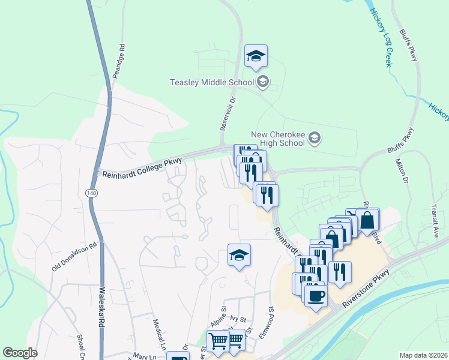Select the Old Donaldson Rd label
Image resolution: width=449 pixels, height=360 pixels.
click(x=74, y=257)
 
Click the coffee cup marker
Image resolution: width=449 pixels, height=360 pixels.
click(x=316, y=295)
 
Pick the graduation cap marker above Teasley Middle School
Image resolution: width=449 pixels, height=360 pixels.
click(x=256, y=56)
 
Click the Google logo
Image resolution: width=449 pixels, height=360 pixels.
click(x=20, y=353)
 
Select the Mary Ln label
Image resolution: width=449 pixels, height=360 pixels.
click(x=145, y=356)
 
